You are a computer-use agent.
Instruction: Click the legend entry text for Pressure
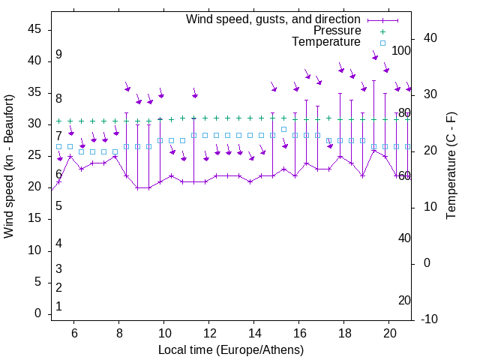coord(337,31)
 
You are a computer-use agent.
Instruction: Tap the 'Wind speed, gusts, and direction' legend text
coord(274,19)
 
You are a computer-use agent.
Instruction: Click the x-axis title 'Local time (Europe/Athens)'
coord(231,350)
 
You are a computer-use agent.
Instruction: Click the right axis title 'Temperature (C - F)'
coord(451,166)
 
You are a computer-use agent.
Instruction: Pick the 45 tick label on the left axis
coord(34,29)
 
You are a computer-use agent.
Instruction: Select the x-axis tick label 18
coord(344,332)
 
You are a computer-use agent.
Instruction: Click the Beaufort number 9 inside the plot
coord(58,55)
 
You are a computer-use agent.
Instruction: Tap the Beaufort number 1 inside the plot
coord(58,307)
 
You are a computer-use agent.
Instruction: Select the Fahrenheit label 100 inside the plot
coord(401,50)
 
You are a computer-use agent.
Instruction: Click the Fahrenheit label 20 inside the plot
coord(404,301)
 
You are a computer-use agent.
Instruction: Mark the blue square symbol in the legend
coord(382,43)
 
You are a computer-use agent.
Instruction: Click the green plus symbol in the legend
coord(382,31)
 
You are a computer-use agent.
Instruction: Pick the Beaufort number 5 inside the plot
coord(58,206)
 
